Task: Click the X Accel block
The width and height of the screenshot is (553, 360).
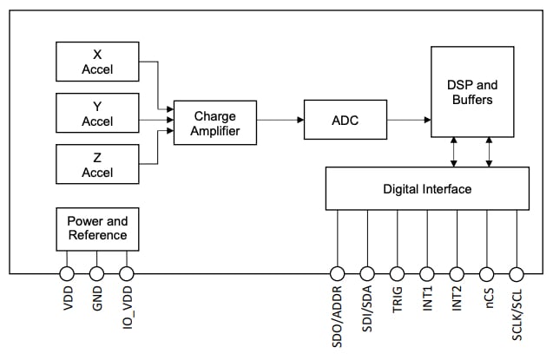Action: point(97,62)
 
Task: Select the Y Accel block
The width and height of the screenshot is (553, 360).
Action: point(97,113)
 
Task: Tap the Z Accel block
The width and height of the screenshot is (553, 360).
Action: point(97,164)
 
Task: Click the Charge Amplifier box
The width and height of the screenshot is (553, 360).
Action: point(214,123)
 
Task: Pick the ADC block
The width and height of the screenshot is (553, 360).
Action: point(345,121)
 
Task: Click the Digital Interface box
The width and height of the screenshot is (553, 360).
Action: point(427,188)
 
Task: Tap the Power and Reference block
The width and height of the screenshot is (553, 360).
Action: point(97,228)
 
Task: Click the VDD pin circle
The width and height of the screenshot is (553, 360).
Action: point(67,274)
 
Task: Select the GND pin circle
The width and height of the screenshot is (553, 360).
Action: point(96,274)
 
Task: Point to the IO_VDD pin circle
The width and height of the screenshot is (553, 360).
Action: point(126,274)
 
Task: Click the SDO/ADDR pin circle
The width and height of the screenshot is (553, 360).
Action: point(338,274)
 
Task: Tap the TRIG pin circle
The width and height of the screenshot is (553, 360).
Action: point(398,274)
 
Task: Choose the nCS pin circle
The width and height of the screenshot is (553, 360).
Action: point(486,274)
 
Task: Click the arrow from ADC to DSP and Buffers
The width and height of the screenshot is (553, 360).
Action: point(408,121)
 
